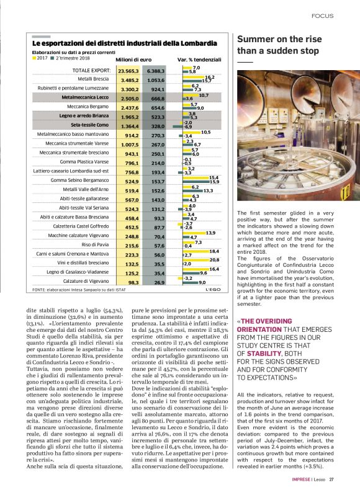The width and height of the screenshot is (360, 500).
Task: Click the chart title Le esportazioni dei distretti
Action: [x=124, y=43]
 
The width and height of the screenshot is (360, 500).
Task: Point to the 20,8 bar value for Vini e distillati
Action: [x=214, y=260]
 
